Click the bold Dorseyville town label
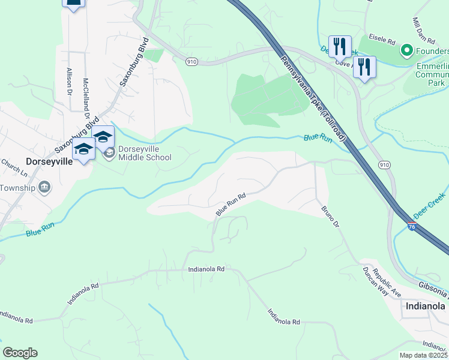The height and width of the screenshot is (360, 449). pyautogui.click(x=49, y=161)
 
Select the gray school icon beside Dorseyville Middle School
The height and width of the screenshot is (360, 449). pyautogui.click(x=109, y=154)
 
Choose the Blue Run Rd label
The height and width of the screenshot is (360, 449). pyautogui.click(x=231, y=205)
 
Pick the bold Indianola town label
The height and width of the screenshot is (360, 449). pyautogui.click(x=426, y=306)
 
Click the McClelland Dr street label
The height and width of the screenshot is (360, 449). pyautogui.click(x=86, y=94)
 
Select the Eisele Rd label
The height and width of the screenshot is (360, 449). pyautogui.click(x=382, y=42)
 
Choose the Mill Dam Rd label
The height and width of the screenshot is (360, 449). pyautogui.click(x=423, y=30)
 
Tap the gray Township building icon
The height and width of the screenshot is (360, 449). pyautogui.click(x=44, y=188)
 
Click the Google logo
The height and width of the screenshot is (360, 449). pyautogui.click(x=20, y=353)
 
